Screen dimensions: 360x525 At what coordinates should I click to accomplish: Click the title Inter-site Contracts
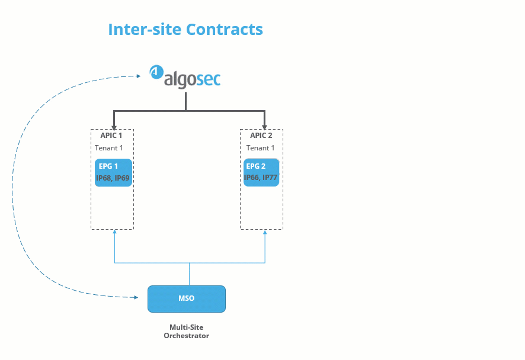[185, 29]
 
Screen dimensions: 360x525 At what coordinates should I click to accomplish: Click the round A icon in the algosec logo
[156, 72]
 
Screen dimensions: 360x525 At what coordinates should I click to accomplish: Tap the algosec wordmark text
[192, 79]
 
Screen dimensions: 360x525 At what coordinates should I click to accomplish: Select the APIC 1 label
[111, 136]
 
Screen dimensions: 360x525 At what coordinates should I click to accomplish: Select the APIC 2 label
[261, 136]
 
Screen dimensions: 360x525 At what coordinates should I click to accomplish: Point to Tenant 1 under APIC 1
[109, 148]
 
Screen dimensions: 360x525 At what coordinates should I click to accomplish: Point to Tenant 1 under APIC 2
[261, 148]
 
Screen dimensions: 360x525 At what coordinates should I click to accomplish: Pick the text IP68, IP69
[113, 178]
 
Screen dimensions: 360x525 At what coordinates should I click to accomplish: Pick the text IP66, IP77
[261, 177]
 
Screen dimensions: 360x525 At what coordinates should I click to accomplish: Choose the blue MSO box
[186, 298]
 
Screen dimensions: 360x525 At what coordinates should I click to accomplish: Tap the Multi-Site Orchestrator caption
[186, 331]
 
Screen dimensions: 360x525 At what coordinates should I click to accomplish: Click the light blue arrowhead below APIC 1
[114, 232]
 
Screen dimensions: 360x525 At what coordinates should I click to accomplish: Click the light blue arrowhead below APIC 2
[264, 232]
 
